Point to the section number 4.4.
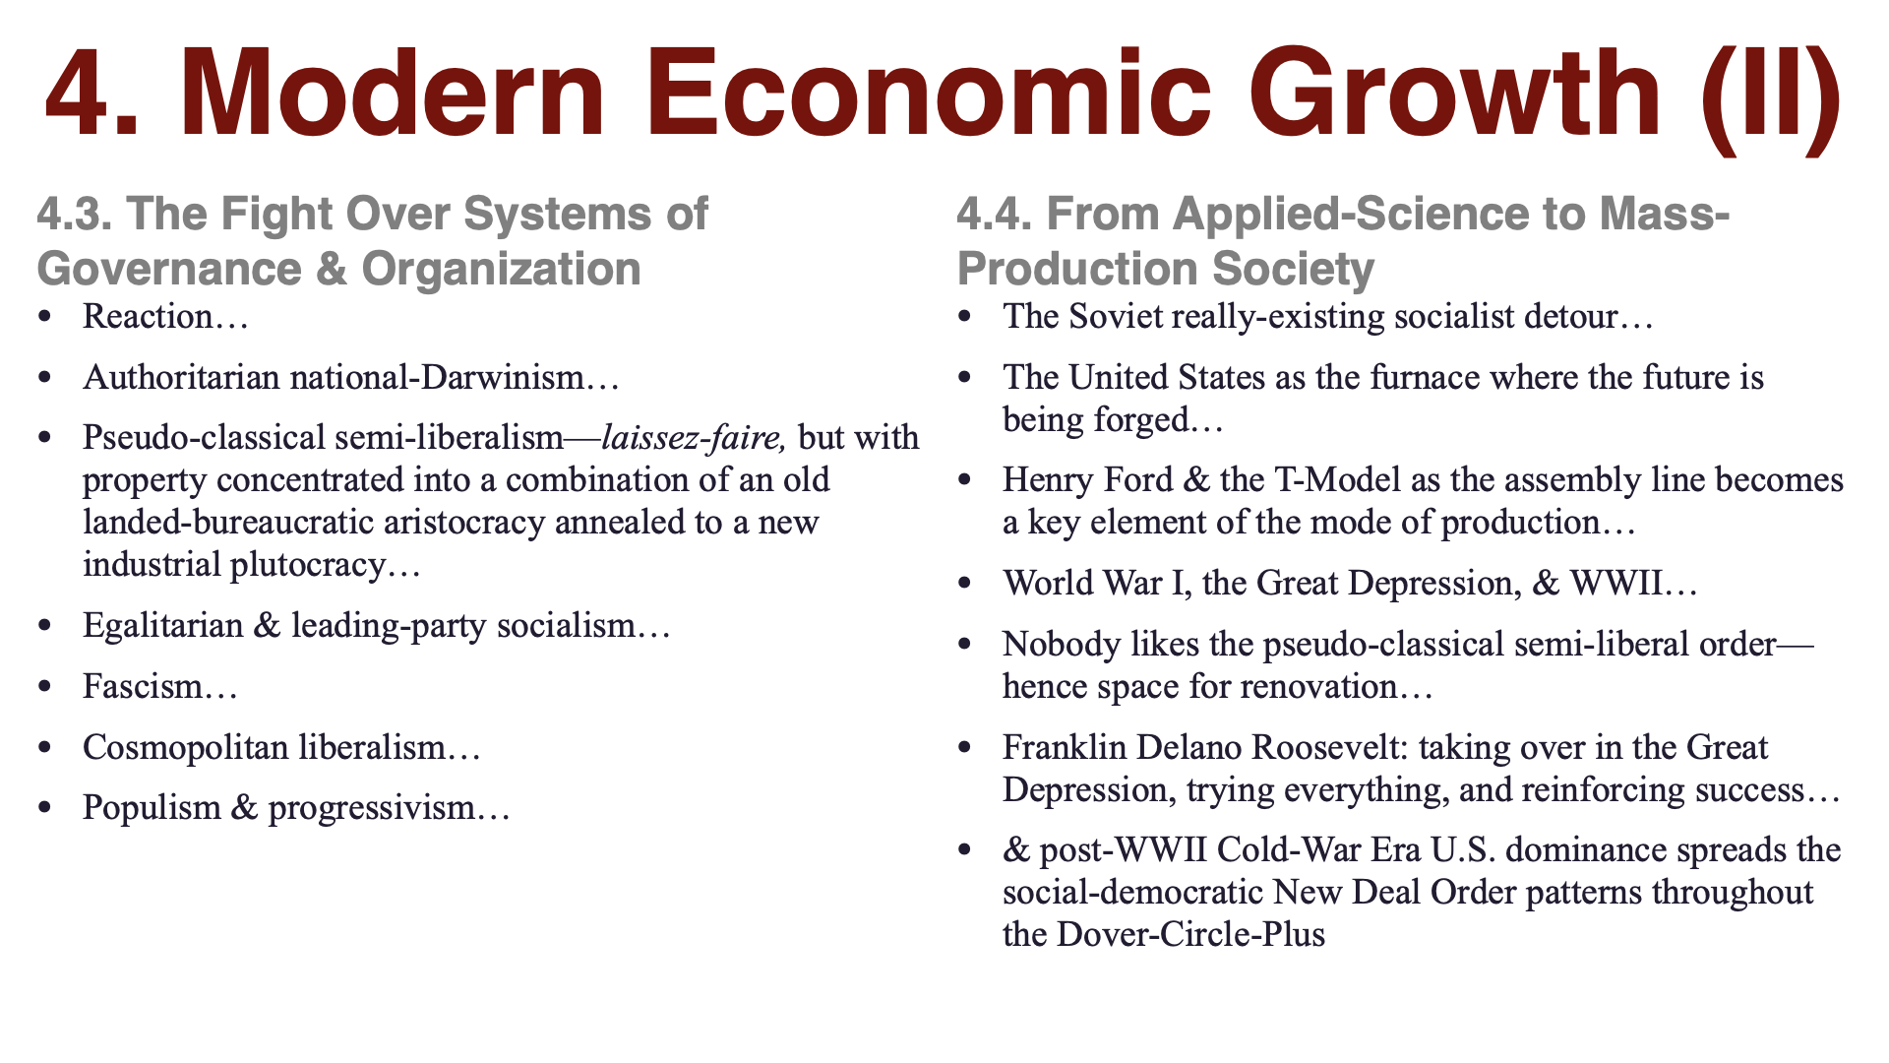coord(995,215)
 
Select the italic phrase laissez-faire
coord(693,437)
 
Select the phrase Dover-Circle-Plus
coord(1190,934)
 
